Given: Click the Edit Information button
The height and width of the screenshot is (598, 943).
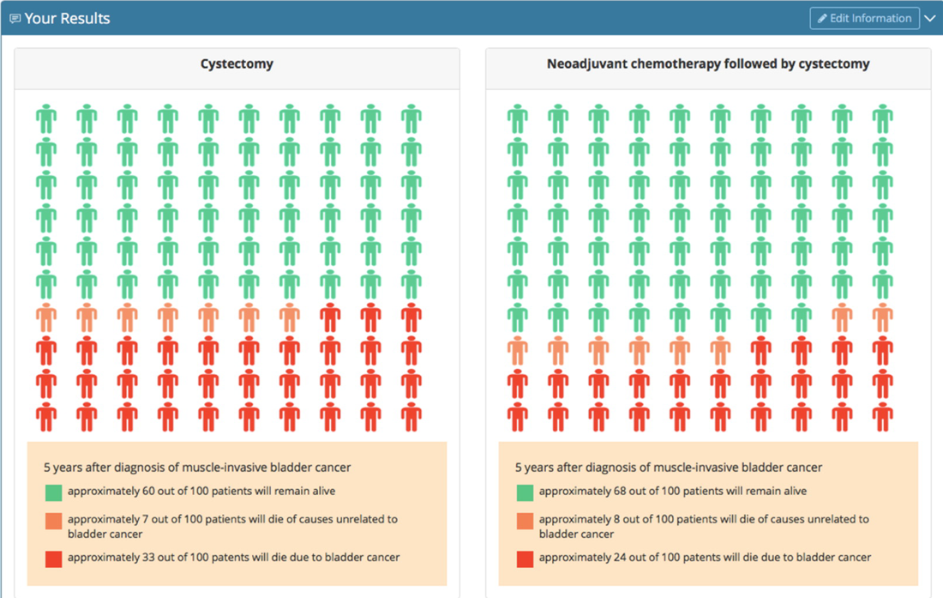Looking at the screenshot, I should [864, 18].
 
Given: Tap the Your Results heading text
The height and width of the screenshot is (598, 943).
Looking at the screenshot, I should [67, 18].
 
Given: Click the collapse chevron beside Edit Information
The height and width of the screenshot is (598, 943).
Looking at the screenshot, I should [930, 18].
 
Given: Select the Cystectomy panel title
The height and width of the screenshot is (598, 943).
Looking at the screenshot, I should [237, 63].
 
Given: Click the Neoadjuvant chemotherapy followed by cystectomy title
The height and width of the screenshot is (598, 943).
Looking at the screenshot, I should [708, 63].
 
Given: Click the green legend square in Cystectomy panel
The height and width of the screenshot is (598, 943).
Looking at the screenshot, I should [54, 492].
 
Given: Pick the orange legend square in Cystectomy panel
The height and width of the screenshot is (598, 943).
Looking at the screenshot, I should [54, 521].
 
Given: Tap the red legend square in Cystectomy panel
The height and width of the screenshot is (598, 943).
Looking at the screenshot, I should [54, 559].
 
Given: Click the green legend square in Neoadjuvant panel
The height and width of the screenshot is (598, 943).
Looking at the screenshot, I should [525, 492].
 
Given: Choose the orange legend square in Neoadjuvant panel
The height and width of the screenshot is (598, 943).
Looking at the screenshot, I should [525, 521].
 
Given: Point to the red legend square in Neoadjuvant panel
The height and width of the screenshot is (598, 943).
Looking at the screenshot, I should [525, 559].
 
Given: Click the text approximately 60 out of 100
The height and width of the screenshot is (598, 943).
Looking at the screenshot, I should [201, 492].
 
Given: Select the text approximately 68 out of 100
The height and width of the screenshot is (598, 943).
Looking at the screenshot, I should [673, 492].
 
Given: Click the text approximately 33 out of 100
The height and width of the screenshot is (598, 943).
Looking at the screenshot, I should [233, 558].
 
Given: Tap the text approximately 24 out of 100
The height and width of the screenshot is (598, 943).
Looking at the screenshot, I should [705, 558].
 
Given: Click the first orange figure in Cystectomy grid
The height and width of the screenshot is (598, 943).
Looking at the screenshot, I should [46, 317].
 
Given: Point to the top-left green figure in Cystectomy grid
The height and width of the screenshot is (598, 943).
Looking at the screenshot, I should [46, 118].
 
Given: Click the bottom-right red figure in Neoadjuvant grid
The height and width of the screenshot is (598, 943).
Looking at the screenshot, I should [882, 417].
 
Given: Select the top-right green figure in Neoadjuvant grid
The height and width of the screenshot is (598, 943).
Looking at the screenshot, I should [882, 118].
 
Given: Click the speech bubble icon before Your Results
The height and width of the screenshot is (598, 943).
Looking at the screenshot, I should [15, 19].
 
